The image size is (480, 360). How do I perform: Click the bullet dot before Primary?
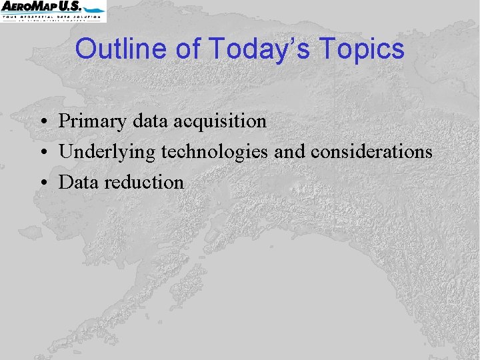tap(42, 123)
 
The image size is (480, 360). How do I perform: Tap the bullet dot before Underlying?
tap(42, 153)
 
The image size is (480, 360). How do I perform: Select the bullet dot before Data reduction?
tap(42, 183)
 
